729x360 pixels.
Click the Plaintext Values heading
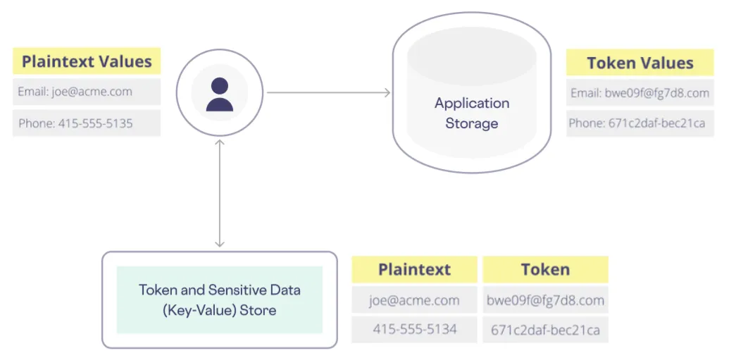point(87,61)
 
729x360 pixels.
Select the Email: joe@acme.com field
point(87,92)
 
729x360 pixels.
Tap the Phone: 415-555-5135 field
point(87,123)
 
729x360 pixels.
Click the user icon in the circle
point(220,94)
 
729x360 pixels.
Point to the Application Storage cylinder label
point(471,113)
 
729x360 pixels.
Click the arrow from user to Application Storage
point(328,92)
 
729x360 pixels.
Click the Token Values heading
point(640,63)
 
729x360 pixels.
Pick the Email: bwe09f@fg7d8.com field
point(640,93)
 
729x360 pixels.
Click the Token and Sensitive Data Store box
point(219,299)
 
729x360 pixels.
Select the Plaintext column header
point(414,269)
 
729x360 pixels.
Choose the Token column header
point(545,269)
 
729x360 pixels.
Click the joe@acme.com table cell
point(414,300)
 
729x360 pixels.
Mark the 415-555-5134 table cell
point(414,328)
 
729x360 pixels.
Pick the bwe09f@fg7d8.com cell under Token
point(545,300)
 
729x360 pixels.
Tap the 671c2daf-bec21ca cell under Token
point(545,328)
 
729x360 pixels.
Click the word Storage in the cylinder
point(471,123)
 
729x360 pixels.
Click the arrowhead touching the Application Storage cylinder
point(387,92)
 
